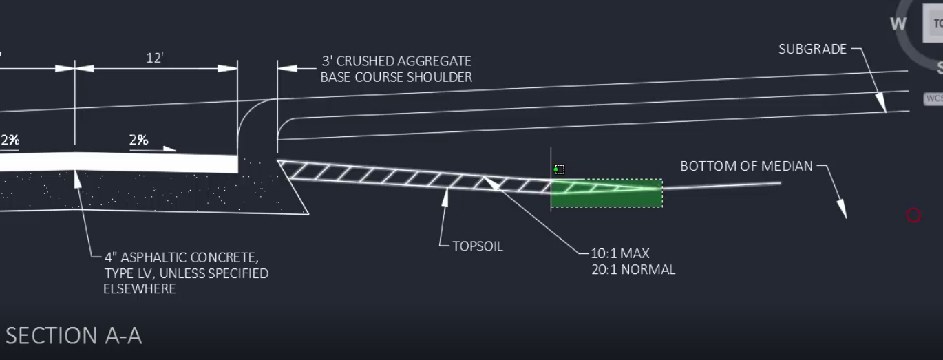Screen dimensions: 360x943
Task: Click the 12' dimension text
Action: click(155, 58)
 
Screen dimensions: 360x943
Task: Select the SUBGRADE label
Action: click(812, 49)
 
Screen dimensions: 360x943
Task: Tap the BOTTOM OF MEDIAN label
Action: click(746, 166)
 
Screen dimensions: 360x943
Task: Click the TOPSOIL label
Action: click(477, 246)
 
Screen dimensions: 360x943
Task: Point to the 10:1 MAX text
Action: click(620, 253)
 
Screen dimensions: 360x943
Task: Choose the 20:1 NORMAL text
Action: click(633, 270)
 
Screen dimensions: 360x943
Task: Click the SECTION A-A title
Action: click(74, 336)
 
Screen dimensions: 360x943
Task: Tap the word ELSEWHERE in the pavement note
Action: click(140, 288)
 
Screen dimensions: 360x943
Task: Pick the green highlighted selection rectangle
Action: click(606, 193)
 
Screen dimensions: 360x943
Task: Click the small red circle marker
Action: click(913, 215)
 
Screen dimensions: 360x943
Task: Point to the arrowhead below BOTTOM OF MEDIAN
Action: click(842, 209)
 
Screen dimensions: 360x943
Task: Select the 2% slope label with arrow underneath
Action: click(138, 140)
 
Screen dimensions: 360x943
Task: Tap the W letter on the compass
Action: click(898, 24)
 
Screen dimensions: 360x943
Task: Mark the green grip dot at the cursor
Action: click(556, 169)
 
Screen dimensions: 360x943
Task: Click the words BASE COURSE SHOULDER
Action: click(396, 77)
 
